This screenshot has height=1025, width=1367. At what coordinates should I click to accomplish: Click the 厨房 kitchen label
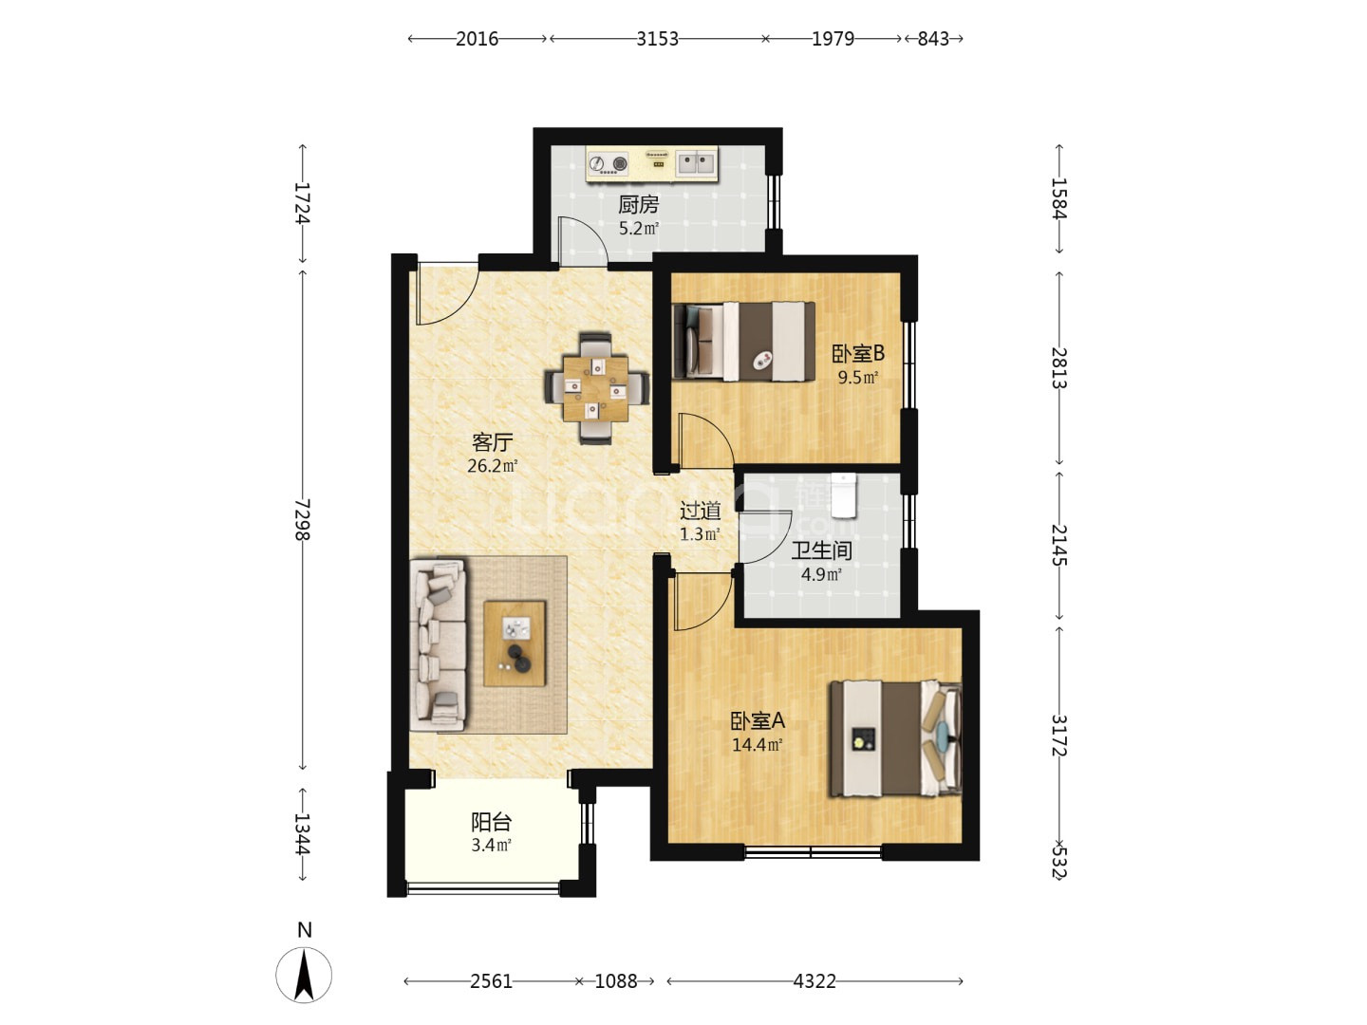[638, 204]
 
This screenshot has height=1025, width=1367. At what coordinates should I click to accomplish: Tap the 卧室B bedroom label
[858, 353]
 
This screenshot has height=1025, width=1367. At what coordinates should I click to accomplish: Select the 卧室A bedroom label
[758, 720]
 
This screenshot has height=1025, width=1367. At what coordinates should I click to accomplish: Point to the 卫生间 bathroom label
[821, 550]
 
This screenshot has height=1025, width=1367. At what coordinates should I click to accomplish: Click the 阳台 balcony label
[491, 822]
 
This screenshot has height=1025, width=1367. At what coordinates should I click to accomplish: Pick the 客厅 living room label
[492, 442]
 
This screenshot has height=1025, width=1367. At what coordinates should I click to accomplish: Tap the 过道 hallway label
[700, 511]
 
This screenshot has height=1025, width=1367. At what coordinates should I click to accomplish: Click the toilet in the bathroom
[844, 495]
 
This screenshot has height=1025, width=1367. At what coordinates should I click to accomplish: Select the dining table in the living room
[595, 388]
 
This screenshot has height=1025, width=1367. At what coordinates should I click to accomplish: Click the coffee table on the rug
[515, 643]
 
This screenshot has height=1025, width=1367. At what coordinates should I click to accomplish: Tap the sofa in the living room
[438, 644]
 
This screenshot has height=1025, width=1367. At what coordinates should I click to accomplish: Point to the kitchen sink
[696, 163]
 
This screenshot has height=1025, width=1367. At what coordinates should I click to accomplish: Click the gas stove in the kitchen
[609, 163]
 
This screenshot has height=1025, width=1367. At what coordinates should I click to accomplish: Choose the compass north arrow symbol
[304, 975]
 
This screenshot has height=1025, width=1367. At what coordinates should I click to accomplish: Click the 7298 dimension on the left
[302, 519]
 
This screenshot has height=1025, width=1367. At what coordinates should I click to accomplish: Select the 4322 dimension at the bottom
[815, 981]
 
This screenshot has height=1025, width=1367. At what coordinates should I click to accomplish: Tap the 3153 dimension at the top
[657, 39]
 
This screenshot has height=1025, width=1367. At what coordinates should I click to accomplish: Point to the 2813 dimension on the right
[1059, 368]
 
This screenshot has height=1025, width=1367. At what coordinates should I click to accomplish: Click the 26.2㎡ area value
[493, 465]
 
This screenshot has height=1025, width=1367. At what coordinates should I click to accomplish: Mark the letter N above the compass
[305, 930]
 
